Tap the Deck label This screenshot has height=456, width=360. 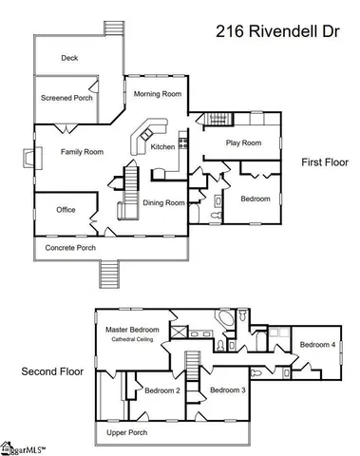tap(69, 58)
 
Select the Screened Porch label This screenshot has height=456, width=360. tap(67, 98)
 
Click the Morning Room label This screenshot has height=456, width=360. tap(158, 93)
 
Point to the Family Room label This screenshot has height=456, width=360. tap(83, 151)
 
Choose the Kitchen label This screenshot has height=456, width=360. tap(162, 147)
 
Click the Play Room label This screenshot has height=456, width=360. tap(243, 143)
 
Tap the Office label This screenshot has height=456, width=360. tap(66, 210)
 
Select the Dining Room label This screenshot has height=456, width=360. tap(163, 202)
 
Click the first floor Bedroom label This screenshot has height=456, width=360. tap(255, 199)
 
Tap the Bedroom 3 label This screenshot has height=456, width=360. tap(228, 390)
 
